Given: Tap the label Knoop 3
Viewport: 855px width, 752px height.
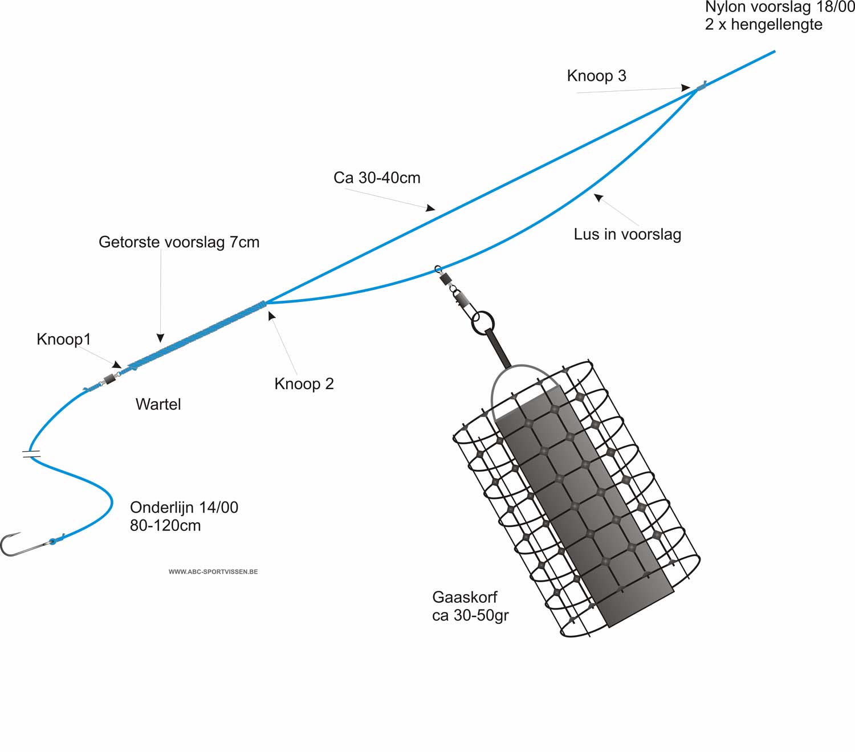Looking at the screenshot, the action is (x=596, y=76).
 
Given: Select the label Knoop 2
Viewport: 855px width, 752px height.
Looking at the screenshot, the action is (x=304, y=384).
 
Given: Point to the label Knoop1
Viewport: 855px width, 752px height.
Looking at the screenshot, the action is (x=64, y=339).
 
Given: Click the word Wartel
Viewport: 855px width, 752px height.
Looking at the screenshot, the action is (x=158, y=404).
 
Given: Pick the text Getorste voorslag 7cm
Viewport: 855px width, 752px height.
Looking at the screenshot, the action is (x=179, y=242).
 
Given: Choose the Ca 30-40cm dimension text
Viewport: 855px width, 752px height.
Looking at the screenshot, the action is (x=377, y=178).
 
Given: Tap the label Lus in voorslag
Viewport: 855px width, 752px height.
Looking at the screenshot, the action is (x=628, y=234).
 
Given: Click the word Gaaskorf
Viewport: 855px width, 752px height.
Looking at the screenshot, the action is (x=465, y=597).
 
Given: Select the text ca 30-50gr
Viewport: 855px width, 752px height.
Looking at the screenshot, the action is (x=470, y=615).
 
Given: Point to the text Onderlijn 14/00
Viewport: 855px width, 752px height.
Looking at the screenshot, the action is (x=184, y=508).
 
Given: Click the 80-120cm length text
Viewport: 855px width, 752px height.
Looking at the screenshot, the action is (x=165, y=525).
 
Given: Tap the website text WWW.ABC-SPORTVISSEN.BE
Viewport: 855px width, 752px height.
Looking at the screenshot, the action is (x=213, y=571).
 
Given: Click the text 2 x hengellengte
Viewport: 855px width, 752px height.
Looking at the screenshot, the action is (x=763, y=24).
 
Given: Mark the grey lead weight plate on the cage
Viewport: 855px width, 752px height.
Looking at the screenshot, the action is (x=584, y=506).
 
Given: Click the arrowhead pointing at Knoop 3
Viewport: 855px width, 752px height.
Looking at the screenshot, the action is (x=685, y=88).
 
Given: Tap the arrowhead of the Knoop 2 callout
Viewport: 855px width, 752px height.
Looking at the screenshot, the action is (x=272, y=316).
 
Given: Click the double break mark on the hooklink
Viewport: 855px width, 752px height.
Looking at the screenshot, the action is (x=31, y=454).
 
